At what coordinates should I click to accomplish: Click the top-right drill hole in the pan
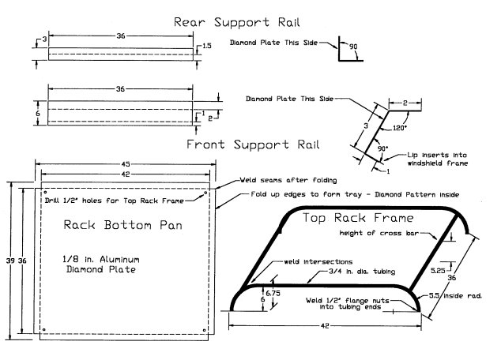click(205, 192)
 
